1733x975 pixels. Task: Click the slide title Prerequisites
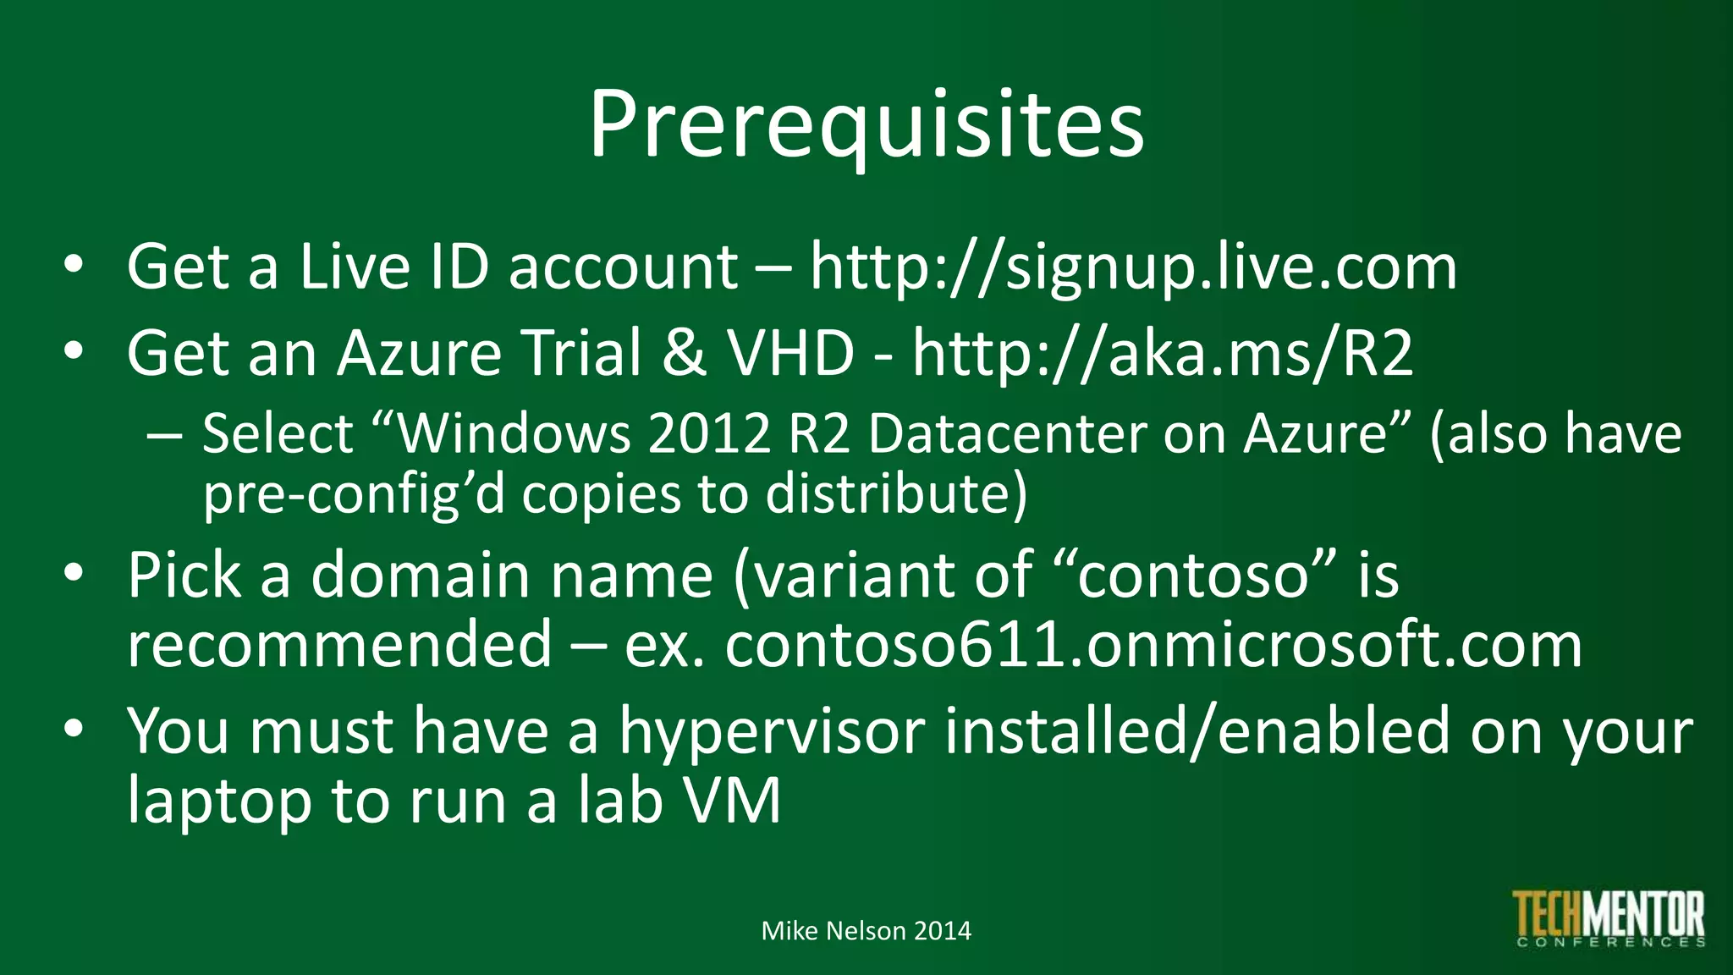tap(866, 125)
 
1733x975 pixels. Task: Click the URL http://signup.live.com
tap(1133, 267)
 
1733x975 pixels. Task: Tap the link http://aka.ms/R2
tap(1162, 353)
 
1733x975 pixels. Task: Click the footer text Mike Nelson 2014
tap(866, 931)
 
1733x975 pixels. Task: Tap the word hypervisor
tap(772, 731)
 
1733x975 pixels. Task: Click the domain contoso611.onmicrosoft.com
tap(1153, 645)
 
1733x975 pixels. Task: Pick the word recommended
tap(339, 645)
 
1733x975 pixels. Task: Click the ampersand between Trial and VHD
tap(684, 353)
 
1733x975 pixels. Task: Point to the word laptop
tap(219, 802)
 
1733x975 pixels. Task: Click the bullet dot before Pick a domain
tap(74, 573)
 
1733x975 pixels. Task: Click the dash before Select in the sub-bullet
tap(163, 435)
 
